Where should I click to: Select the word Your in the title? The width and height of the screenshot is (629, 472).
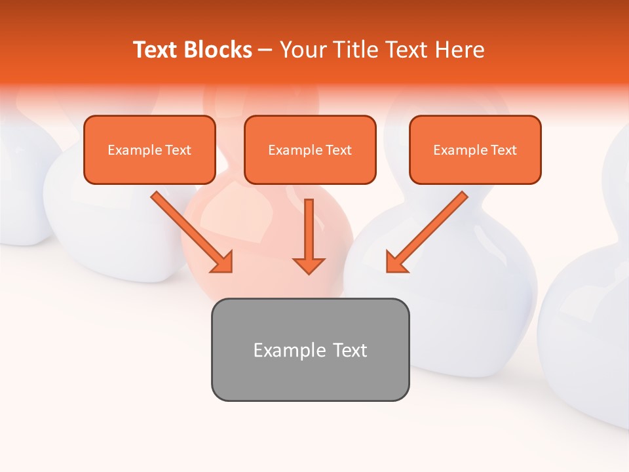tap(304, 50)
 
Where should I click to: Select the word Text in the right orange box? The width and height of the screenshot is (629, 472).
tap(504, 150)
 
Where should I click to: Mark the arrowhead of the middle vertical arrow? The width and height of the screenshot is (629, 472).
tap(309, 265)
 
